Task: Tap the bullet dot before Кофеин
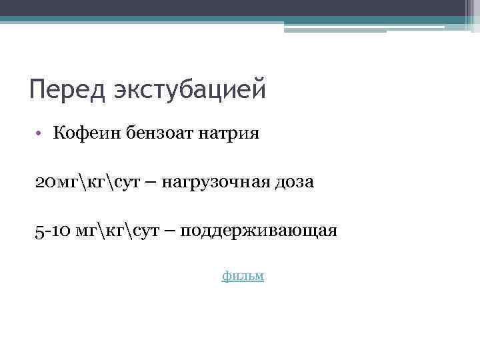point(40,133)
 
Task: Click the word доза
point(292,182)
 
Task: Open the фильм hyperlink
point(243,275)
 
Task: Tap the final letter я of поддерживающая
point(333,232)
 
